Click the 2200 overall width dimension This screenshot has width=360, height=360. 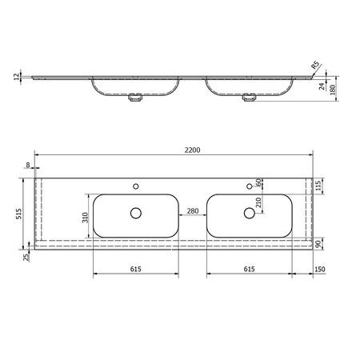(x=192, y=150)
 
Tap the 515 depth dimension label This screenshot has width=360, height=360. (x=18, y=214)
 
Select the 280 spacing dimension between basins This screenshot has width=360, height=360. (x=193, y=211)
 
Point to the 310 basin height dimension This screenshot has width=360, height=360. (x=85, y=218)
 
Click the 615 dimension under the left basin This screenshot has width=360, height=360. (x=136, y=269)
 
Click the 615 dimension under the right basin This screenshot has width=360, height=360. (x=250, y=269)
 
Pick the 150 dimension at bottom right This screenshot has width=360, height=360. (x=320, y=270)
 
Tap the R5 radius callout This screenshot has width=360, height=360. (x=315, y=66)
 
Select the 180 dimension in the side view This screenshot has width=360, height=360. (x=332, y=89)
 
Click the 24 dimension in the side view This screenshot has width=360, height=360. (x=322, y=86)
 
